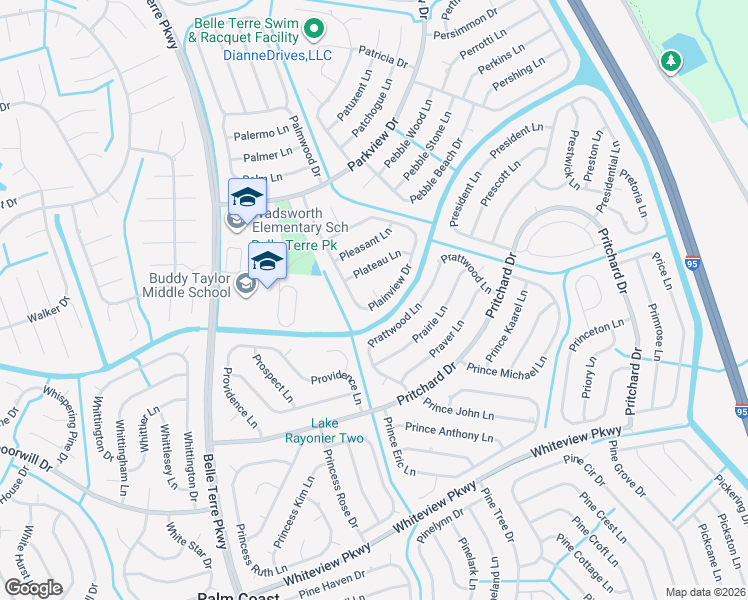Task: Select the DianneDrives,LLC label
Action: point(276,56)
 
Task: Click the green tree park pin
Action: point(669,62)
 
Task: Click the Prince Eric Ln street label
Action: point(399,447)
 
